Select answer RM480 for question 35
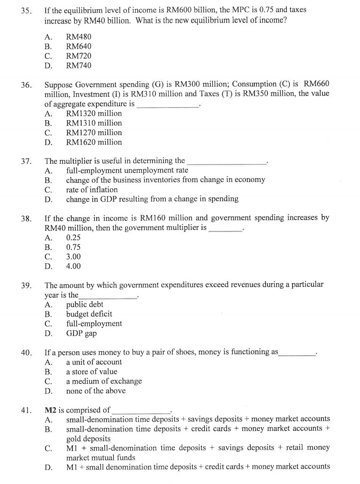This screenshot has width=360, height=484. [79, 37]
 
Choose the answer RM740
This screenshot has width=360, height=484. [79, 66]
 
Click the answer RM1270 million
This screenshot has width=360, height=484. [94, 133]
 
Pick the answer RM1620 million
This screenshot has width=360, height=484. [94, 142]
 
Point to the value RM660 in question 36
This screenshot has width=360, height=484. [317, 84]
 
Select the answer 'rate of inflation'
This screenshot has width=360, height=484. [92, 190]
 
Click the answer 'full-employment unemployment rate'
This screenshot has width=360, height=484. [127, 170]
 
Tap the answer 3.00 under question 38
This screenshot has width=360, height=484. [73, 257]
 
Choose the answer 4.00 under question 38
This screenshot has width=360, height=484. [73, 266]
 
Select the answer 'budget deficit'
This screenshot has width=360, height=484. [89, 314]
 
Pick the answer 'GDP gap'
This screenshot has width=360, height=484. [81, 333]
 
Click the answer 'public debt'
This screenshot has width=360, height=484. [85, 305]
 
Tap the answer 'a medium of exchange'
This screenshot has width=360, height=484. [104, 381]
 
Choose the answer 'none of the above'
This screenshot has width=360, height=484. [96, 391]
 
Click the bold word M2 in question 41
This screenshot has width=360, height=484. [50, 410]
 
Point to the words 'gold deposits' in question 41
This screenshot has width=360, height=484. [88, 439]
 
